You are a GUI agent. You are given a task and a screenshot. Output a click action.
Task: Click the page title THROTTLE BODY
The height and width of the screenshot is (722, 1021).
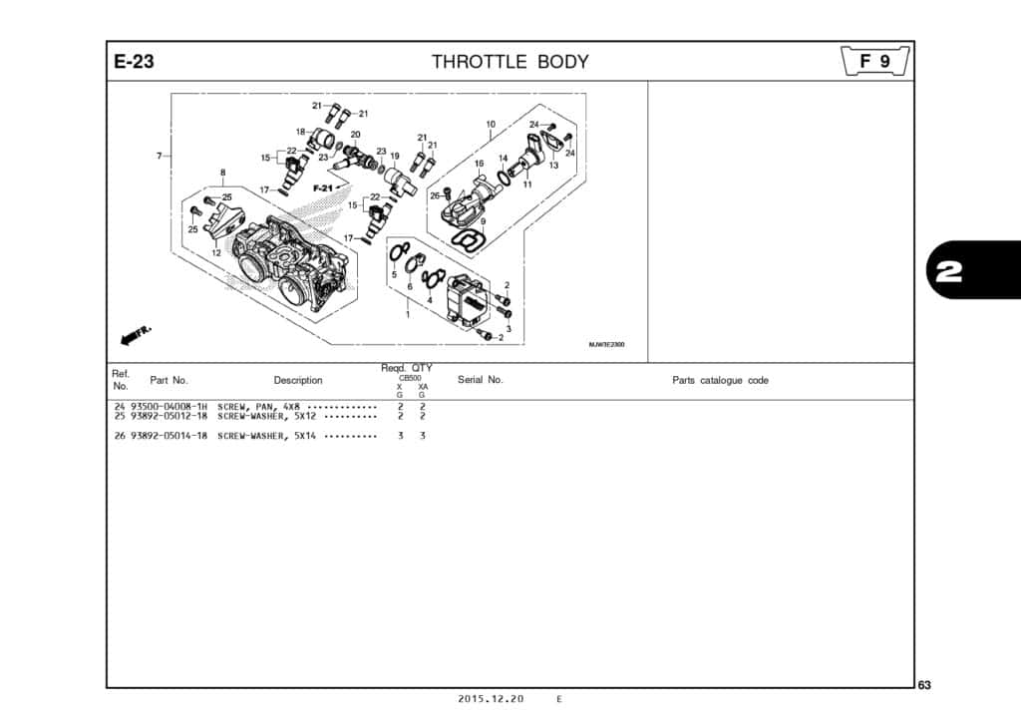(x=510, y=62)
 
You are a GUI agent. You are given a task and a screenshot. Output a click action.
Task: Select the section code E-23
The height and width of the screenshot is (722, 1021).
(x=134, y=62)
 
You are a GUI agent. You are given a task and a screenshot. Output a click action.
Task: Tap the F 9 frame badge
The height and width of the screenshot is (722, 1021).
(x=875, y=62)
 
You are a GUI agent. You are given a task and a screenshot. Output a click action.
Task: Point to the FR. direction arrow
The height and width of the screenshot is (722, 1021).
(x=136, y=337)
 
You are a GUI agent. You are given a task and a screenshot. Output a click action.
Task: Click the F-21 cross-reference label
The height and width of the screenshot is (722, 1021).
(x=323, y=187)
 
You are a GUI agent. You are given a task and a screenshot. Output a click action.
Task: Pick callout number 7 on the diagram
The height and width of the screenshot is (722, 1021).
(x=159, y=156)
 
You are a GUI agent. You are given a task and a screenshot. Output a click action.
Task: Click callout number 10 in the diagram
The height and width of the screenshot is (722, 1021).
(x=491, y=125)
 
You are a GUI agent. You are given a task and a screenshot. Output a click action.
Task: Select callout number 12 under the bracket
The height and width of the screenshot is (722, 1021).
(x=215, y=253)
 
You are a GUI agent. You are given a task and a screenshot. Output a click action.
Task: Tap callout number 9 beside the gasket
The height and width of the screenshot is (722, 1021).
(x=483, y=221)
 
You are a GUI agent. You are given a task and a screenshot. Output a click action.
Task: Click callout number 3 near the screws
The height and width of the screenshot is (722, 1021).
(x=509, y=328)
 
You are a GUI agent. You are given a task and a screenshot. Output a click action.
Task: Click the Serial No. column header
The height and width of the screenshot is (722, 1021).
(x=480, y=380)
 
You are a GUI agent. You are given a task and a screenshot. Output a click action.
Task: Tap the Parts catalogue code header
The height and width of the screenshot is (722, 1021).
(x=720, y=380)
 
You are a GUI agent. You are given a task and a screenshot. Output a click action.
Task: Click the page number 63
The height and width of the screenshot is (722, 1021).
(x=924, y=684)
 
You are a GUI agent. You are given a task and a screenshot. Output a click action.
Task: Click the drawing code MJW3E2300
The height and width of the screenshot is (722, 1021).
(x=606, y=345)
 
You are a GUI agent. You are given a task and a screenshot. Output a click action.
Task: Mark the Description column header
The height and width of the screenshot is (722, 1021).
(x=298, y=380)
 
